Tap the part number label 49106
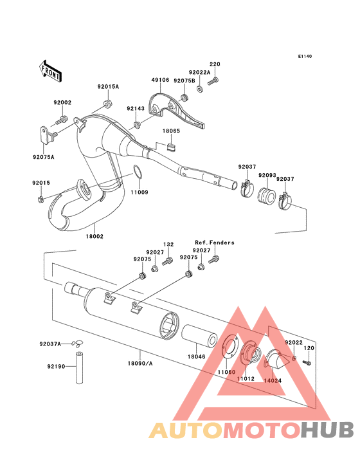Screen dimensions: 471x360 coord(160,81)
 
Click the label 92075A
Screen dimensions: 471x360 coord(44,156)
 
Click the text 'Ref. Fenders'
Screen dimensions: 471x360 coord(215,243)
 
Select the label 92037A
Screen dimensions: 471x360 coord(50,344)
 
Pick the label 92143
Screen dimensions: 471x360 coord(136,109)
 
